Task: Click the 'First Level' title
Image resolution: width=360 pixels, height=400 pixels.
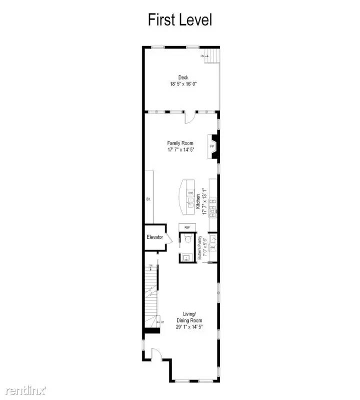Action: [x=180, y=20]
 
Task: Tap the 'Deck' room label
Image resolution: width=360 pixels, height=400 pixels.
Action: [x=183, y=77]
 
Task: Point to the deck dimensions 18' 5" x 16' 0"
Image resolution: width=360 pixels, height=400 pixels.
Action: [x=183, y=84]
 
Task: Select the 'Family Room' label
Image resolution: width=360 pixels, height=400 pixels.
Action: [x=180, y=143]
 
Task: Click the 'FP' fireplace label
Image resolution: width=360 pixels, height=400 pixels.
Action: [x=212, y=146]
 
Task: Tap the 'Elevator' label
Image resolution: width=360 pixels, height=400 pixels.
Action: [x=154, y=236]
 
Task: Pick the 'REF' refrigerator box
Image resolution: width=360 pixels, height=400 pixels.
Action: [x=187, y=227]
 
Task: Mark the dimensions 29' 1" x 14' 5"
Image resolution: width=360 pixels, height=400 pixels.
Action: [x=189, y=326]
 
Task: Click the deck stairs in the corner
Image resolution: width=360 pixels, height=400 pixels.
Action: [x=212, y=55]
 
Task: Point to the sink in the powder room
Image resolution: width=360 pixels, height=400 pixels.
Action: [x=186, y=257]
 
